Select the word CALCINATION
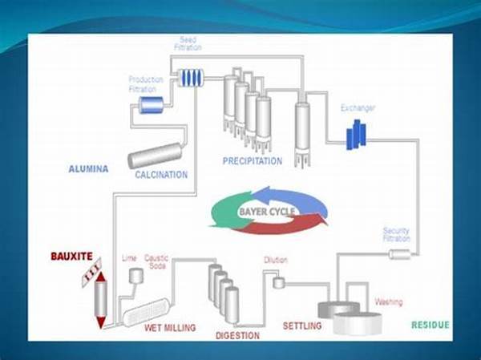[161, 175]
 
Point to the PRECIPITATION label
[253, 161]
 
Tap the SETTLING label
[302, 326]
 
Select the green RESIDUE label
[430, 325]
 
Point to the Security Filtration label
[396, 235]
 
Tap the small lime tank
[136, 276]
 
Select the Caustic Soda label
[156, 261]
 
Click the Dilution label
[275, 260]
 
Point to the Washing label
[388, 302]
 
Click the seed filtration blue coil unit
[191, 78]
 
